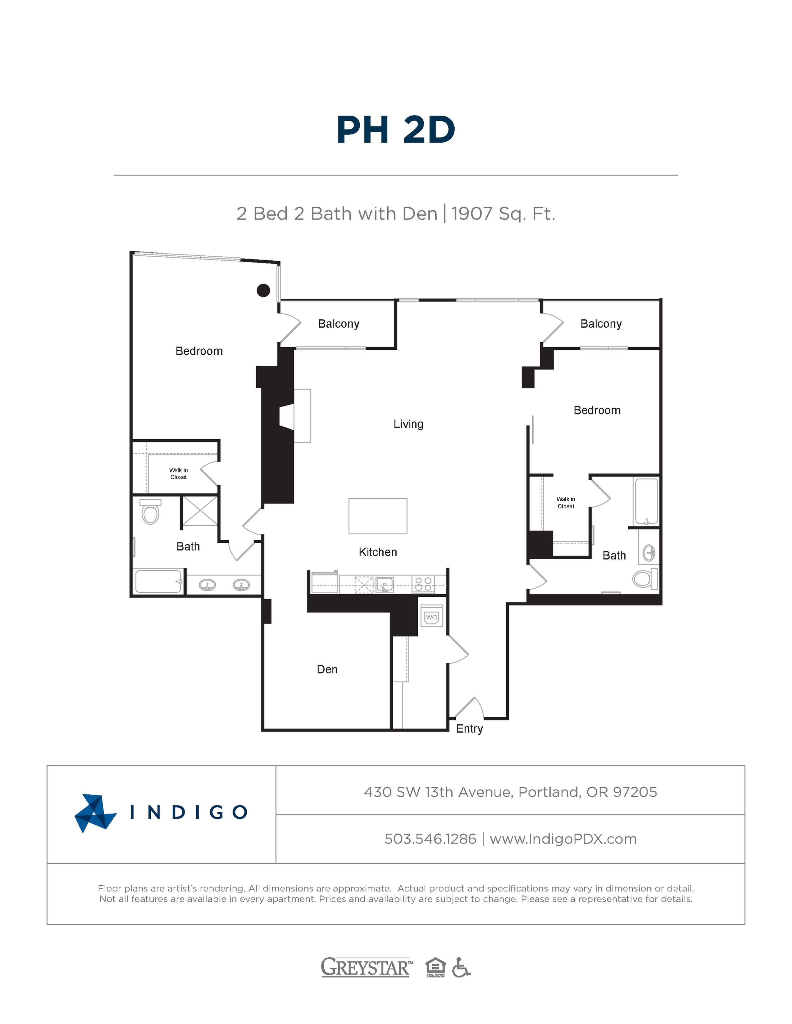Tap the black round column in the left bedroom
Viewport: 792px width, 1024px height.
click(x=263, y=291)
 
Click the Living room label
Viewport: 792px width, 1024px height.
click(x=408, y=424)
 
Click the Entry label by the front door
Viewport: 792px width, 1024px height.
click(x=469, y=728)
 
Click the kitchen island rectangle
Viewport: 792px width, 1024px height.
click(x=378, y=516)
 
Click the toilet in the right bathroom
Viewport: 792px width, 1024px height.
click(x=645, y=579)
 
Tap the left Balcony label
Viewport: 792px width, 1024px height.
click(x=338, y=324)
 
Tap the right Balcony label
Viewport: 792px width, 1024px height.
click(x=601, y=324)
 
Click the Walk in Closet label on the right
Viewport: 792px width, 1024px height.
click(x=566, y=503)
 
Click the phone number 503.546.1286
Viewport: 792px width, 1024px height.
click(x=430, y=839)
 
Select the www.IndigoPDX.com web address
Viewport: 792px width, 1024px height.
click(x=563, y=839)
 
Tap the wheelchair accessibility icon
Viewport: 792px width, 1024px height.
click(x=461, y=967)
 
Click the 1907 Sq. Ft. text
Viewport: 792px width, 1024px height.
click(x=503, y=214)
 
